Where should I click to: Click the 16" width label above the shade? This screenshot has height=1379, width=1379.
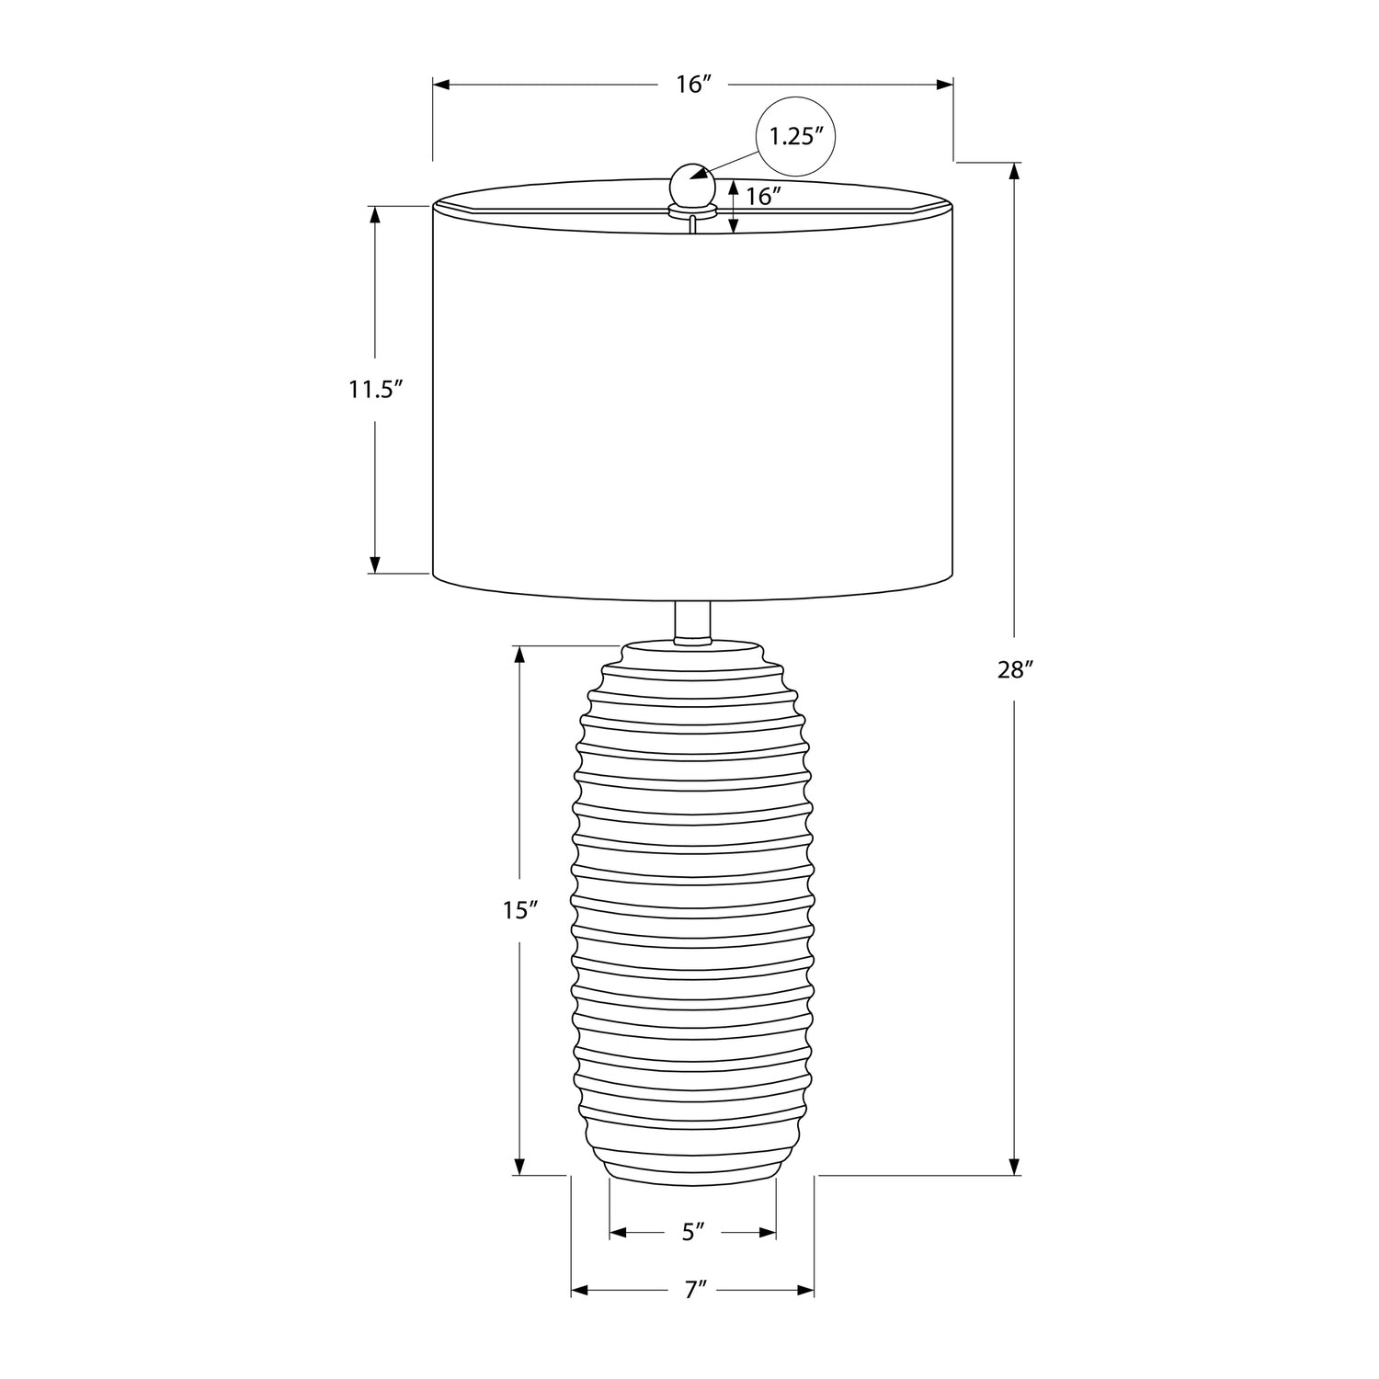tap(694, 85)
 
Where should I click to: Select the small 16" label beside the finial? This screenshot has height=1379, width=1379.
tap(763, 196)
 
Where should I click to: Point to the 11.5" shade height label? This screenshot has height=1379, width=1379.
tap(376, 389)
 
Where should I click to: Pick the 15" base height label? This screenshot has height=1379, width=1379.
tap(519, 910)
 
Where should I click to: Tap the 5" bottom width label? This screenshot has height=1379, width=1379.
tap(693, 1232)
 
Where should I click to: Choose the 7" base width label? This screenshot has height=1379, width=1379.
tap(694, 1290)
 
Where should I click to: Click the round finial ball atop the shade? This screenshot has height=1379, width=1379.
tap(692, 188)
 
